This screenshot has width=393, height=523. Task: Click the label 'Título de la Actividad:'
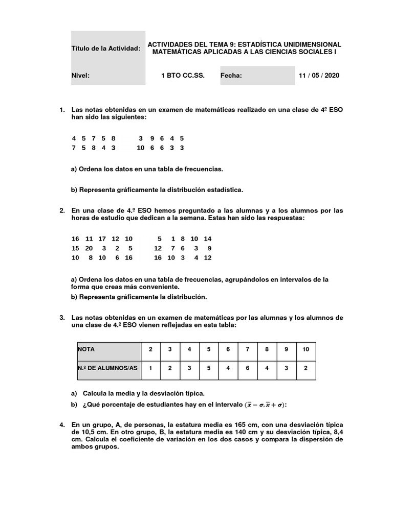point(105,49)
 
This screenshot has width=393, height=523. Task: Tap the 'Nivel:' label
point(80,76)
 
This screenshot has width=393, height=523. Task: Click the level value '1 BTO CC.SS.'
point(183,76)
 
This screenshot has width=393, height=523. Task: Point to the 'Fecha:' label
point(231,76)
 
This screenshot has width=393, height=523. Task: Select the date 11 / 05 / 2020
point(319,76)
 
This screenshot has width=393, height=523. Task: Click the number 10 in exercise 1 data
point(140,148)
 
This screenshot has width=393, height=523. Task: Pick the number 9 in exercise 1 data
point(152,138)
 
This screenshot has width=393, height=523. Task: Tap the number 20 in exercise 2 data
point(89,248)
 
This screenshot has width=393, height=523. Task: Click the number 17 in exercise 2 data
point(102,239)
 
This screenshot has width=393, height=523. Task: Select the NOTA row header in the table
point(86,349)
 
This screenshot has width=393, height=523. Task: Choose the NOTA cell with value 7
point(248,349)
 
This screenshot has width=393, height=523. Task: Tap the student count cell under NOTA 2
point(150,368)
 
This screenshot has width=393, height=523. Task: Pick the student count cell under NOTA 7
point(248,368)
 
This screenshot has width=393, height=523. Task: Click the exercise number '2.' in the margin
point(62,210)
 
